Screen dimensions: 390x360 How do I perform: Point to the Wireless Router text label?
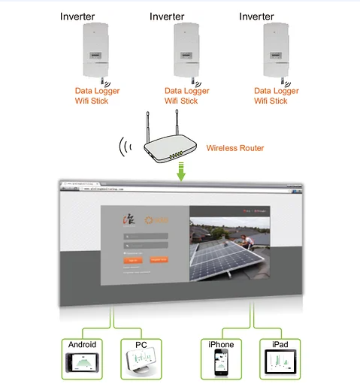[235, 148]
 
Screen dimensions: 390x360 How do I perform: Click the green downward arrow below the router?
[180, 174]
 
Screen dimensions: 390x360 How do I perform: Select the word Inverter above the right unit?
[257, 16]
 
